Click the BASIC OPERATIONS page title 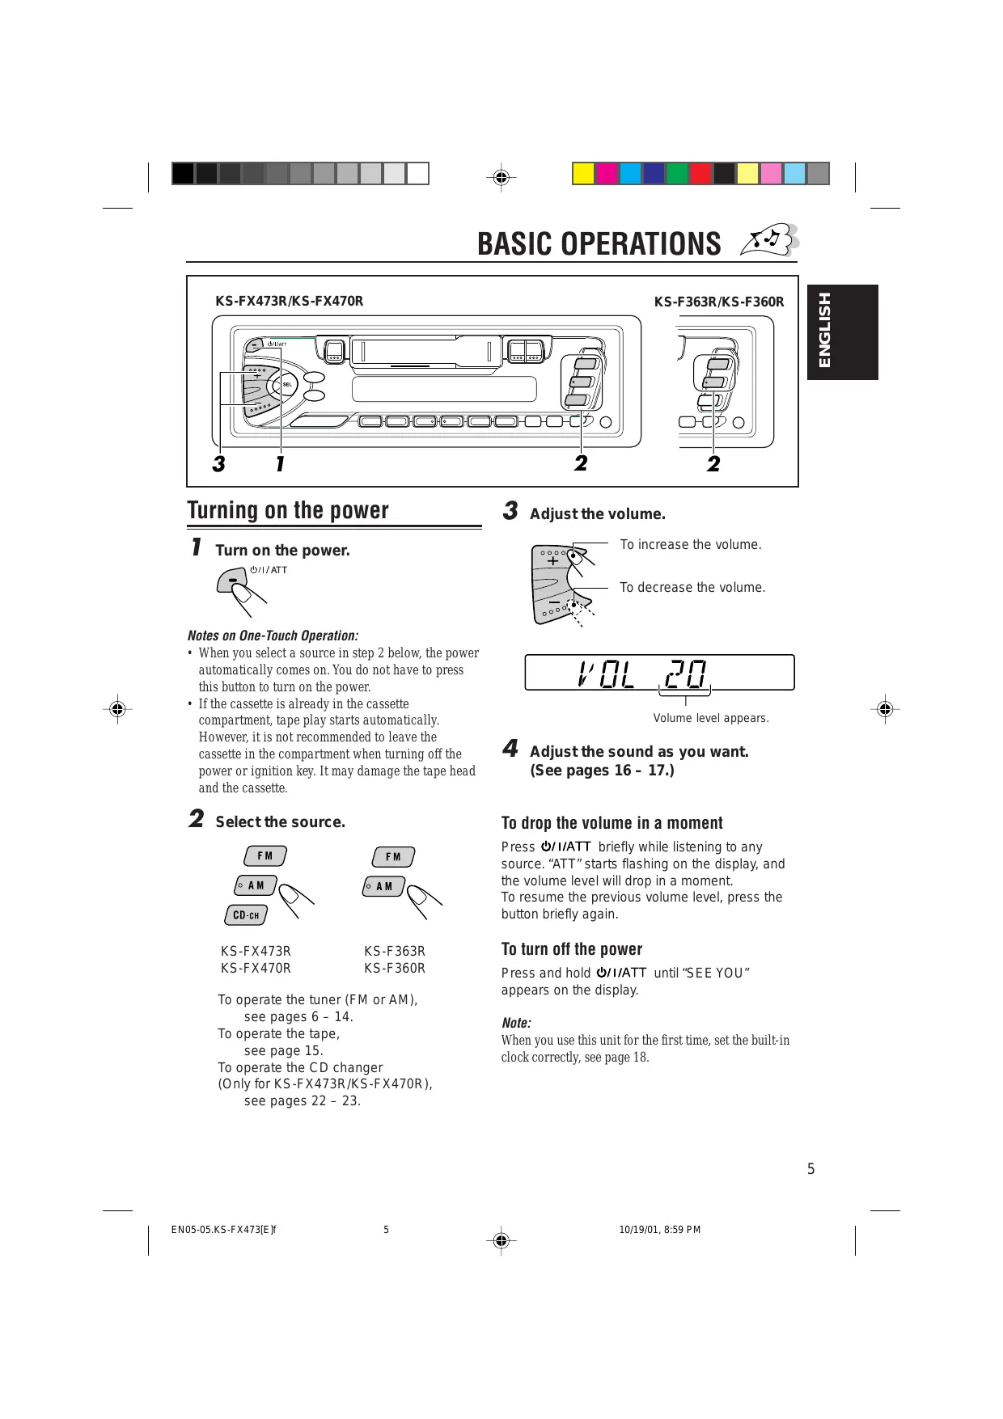[x=599, y=243]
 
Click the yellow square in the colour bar [x=582, y=174]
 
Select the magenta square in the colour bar [x=607, y=174]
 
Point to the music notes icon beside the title [x=771, y=241]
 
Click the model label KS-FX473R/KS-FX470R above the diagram [x=289, y=302]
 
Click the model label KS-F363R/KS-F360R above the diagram [x=719, y=302]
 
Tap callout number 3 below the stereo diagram [x=218, y=464]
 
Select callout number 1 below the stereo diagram [x=280, y=464]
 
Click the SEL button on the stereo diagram [x=287, y=385]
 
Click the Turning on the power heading [x=288, y=510]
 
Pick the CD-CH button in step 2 [x=246, y=915]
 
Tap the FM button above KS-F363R [x=393, y=857]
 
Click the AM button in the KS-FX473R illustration [x=256, y=886]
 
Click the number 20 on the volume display [x=686, y=673]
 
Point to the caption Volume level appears [x=711, y=718]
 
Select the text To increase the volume [x=691, y=545]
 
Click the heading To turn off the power [x=572, y=949]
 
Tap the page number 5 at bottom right [x=811, y=1169]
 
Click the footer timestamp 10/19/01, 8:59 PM [x=659, y=1230]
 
